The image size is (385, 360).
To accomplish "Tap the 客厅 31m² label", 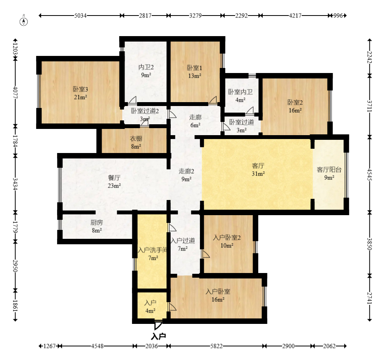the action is [x=258, y=170].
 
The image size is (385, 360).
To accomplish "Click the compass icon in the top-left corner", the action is [x=24, y=22].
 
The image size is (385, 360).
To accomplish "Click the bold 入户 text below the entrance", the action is [x=158, y=336].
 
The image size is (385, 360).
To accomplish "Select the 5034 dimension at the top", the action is [x=80, y=16].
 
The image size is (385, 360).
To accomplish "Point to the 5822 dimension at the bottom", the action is [x=216, y=346].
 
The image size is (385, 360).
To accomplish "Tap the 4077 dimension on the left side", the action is [x=15, y=92].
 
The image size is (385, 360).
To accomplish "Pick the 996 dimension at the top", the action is [x=338, y=16].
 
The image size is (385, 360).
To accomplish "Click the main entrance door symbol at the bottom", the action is [x=158, y=325].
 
